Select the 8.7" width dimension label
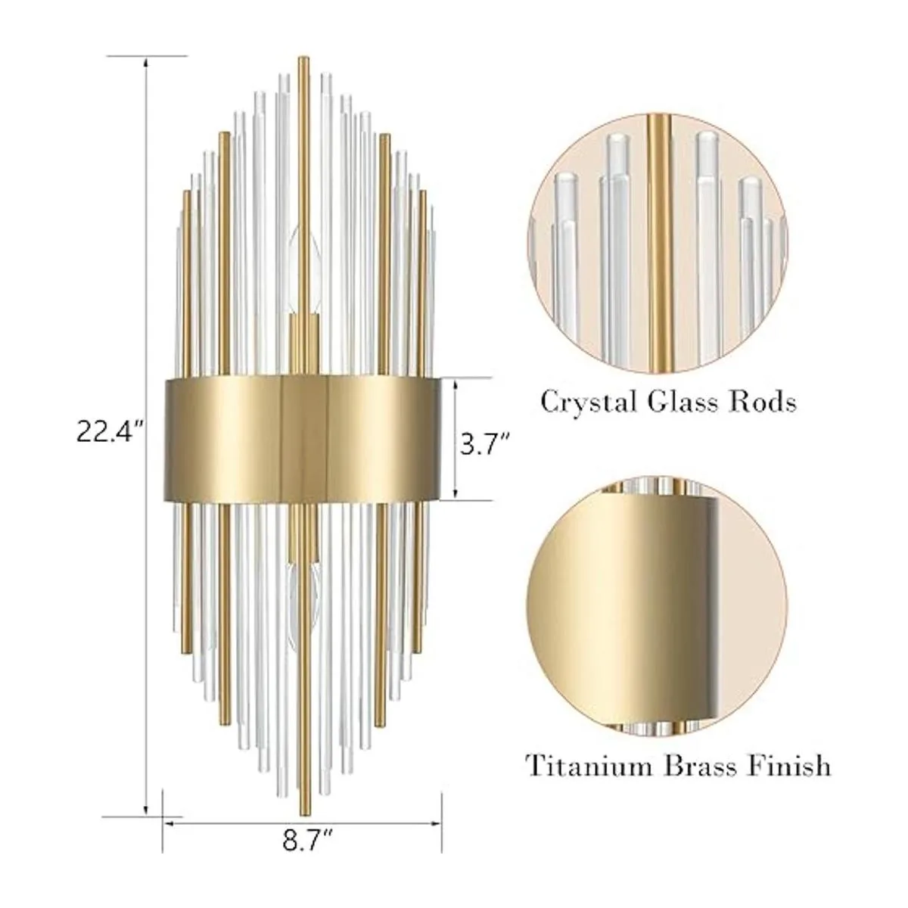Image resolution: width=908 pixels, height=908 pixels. (x=308, y=840)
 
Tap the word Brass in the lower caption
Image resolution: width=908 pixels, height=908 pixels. (x=699, y=767)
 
